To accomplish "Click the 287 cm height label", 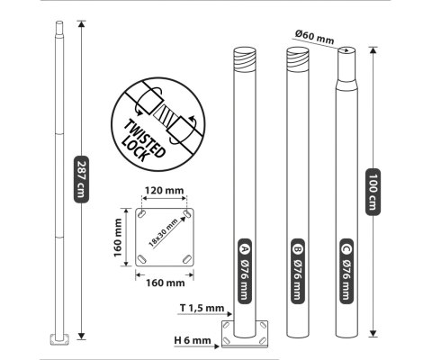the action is click(81, 179).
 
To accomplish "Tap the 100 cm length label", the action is click(373, 192).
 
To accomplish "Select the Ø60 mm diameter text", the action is click(314, 37).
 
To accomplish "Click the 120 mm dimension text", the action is click(164, 190).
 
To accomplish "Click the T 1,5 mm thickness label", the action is click(202, 308).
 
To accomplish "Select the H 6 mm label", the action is click(193, 340).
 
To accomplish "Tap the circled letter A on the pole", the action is click(245, 248).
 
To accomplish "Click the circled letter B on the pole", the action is click(297, 248).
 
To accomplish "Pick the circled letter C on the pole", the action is click(346, 248).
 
